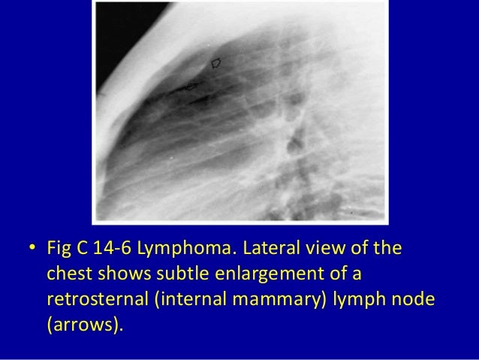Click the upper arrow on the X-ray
click(x=217, y=63)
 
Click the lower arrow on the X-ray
click(x=191, y=87)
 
